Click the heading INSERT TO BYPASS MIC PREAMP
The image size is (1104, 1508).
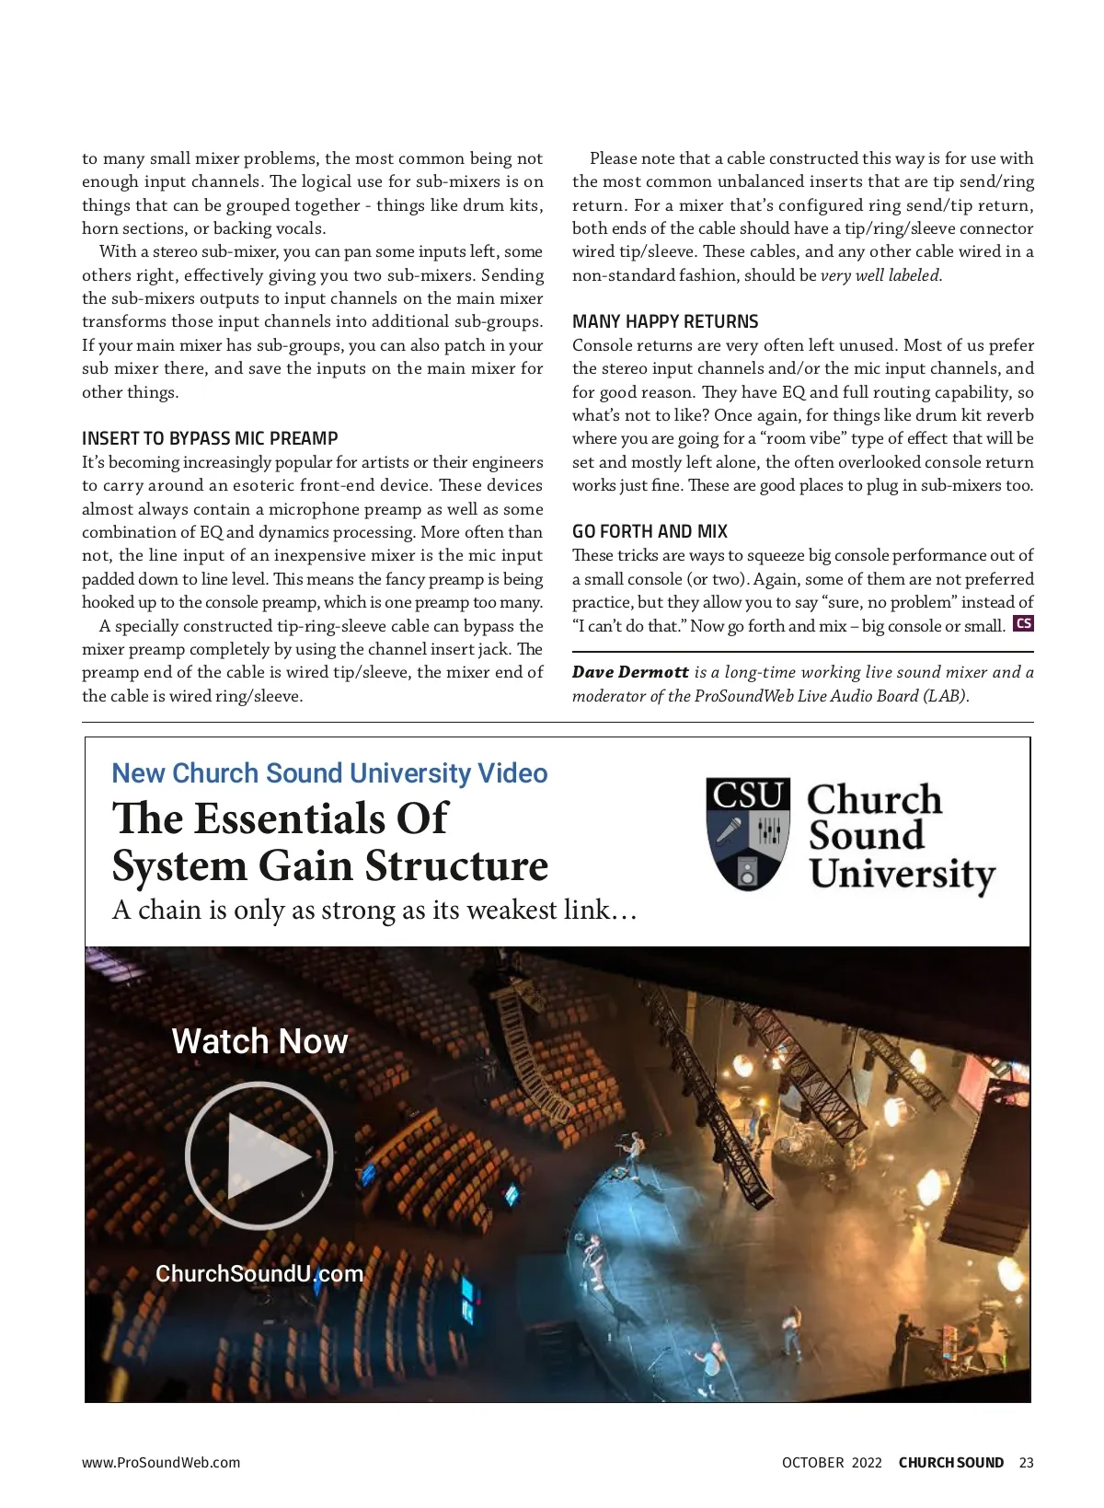click(x=210, y=438)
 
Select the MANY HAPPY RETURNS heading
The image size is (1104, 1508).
click(x=665, y=321)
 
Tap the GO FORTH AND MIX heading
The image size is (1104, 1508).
click(x=650, y=531)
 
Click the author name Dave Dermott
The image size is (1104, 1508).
click(x=630, y=672)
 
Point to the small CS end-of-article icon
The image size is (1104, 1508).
click(x=1023, y=624)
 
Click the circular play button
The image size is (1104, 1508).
click(x=259, y=1155)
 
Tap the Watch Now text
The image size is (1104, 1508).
click(x=259, y=1041)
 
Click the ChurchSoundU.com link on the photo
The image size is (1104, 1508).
click(x=259, y=1273)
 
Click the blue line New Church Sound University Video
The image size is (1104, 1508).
click(x=329, y=773)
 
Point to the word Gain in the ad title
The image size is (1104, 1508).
click(x=305, y=866)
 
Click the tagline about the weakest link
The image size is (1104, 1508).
click(x=374, y=911)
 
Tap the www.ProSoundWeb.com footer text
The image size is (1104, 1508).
click(x=161, y=1463)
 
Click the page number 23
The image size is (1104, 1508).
click(x=1027, y=1463)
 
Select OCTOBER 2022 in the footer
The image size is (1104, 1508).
click(x=832, y=1463)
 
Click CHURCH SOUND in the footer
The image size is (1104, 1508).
click(x=951, y=1463)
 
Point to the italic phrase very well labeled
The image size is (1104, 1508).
click(x=880, y=275)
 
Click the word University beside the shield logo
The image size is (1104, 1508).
click(x=903, y=874)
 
